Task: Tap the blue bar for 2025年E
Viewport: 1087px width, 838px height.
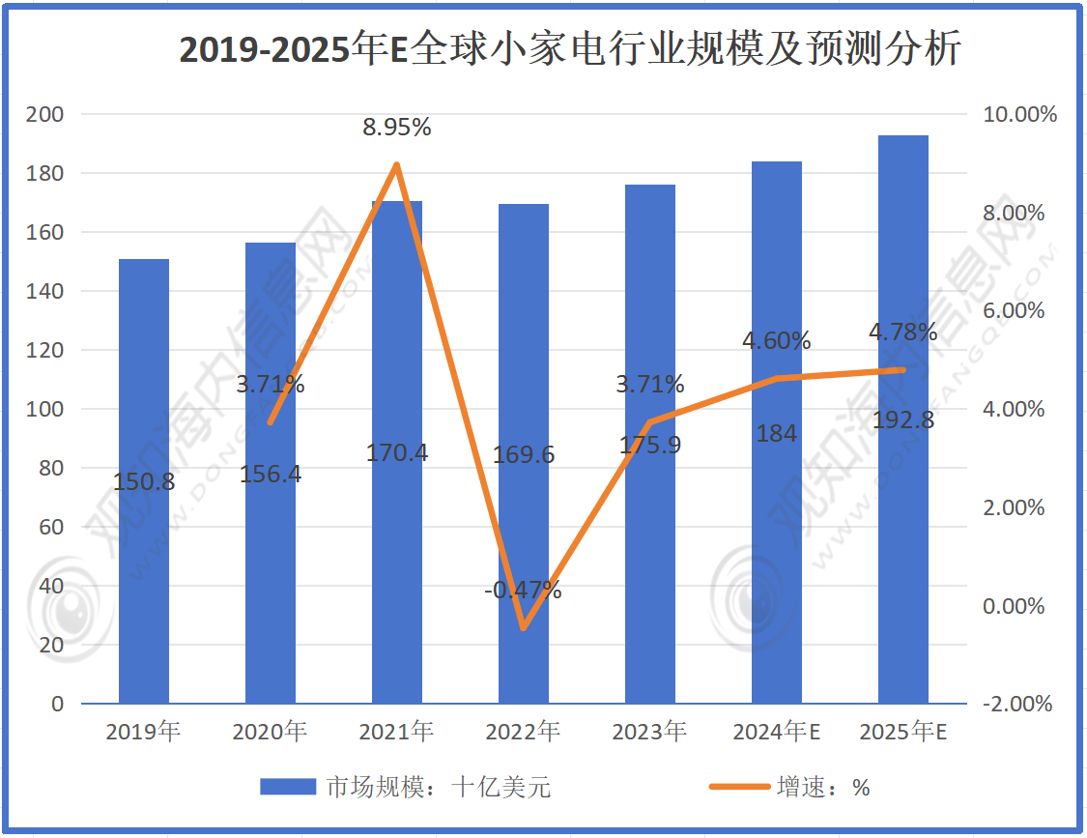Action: pyautogui.click(x=902, y=541)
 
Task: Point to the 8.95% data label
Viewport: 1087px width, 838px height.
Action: pyautogui.click(x=397, y=127)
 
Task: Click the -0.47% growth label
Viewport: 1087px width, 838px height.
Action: pyautogui.click(x=523, y=589)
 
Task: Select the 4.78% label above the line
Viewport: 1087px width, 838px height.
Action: pyautogui.click(x=902, y=332)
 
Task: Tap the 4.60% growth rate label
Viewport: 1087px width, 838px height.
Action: pyautogui.click(x=776, y=340)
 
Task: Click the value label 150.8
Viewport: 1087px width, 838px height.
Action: pyautogui.click(x=144, y=481)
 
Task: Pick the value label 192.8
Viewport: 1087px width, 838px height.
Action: pyautogui.click(x=902, y=419)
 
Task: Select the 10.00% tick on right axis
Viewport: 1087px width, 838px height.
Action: pyautogui.click(x=1019, y=115)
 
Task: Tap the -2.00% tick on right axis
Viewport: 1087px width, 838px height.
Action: pyautogui.click(x=1016, y=704)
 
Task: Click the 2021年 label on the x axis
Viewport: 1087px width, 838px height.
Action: pyautogui.click(x=396, y=732)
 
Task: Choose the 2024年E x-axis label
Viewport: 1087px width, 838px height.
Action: pyautogui.click(x=776, y=732)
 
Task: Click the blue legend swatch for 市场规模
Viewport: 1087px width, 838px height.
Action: pyautogui.click(x=288, y=787)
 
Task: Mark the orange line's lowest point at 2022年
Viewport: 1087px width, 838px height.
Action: pyautogui.click(x=523, y=628)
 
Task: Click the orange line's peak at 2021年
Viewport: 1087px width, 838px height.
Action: pyautogui.click(x=397, y=165)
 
